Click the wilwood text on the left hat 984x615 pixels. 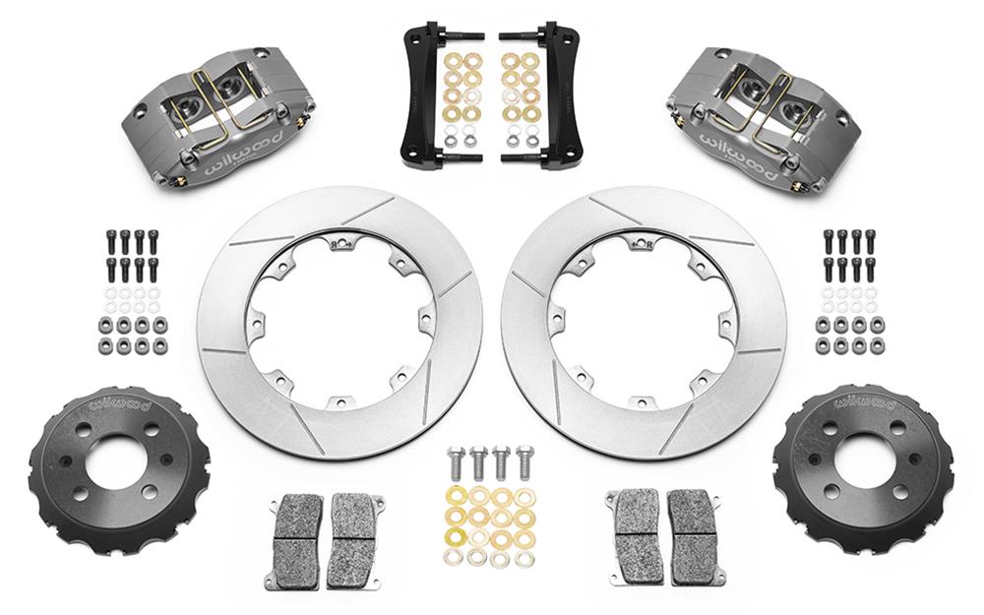120,403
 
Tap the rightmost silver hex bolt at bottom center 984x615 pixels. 524,460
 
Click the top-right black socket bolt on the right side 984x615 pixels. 870,239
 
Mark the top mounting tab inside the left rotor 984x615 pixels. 340,241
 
